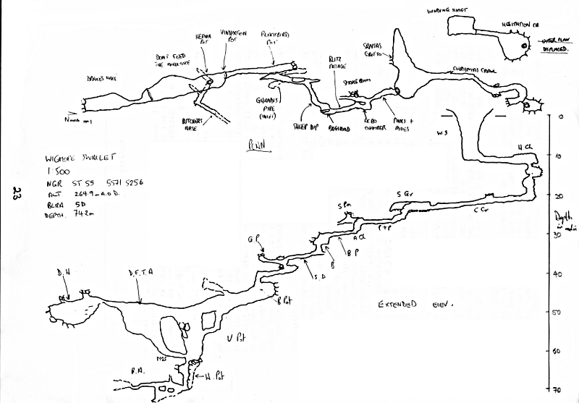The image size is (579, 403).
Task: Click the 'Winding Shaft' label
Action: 446,10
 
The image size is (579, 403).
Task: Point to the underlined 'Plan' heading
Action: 252,144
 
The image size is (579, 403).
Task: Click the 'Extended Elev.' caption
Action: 415,306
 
